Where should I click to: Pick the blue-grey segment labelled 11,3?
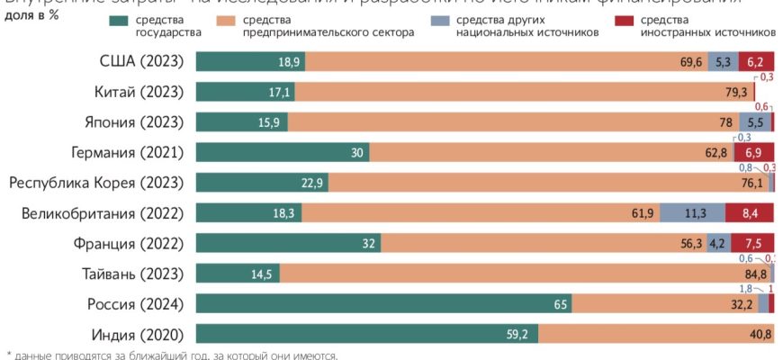692,213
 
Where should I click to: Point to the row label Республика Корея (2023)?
96,183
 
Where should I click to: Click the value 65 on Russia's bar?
560,305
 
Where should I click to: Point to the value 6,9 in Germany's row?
753,153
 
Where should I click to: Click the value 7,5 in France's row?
753,244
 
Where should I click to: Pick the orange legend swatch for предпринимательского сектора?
252,20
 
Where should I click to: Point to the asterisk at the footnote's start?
9,355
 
